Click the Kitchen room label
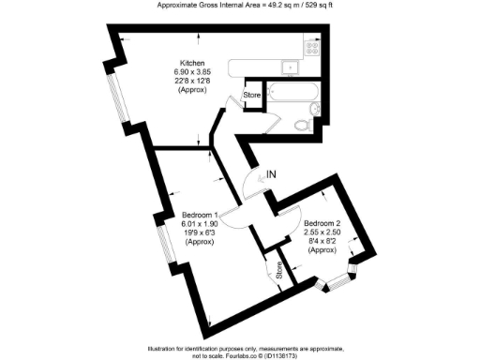(x=180, y=62)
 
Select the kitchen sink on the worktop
(x=290, y=66)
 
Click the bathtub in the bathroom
(x=292, y=93)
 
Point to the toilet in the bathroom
(x=302, y=124)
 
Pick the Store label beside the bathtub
(x=251, y=95)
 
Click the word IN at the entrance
(x=272, y=173)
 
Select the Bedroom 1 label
(x=200, y=215)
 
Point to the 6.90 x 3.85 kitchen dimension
(x=180, y=71)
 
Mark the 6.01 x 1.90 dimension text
(x=200, y=224)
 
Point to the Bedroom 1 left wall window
(x=162, y=244)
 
